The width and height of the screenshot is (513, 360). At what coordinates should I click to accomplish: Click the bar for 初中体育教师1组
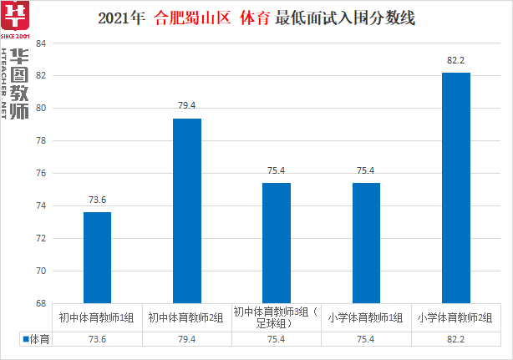point(97,257)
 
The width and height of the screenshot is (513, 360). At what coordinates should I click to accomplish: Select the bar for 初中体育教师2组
point(186,210)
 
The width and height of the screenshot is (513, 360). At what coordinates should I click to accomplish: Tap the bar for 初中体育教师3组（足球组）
point(277,242)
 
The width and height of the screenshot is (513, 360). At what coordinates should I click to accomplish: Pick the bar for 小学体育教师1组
point(366,242)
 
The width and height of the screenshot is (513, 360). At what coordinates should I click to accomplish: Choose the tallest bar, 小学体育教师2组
point(456,188)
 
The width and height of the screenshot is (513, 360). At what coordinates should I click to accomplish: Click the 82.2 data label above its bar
point(456,61)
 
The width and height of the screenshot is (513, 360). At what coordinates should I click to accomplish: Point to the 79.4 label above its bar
point(186,106)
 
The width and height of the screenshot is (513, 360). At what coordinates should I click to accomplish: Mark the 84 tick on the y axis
point(40,43)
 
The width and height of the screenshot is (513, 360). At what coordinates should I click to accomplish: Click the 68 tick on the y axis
point(40,304)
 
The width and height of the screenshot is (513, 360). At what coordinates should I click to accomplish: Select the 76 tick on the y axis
point(40,174)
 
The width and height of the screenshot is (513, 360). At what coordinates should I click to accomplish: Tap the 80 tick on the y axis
point(40,109)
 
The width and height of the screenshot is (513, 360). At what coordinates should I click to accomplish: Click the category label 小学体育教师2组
point(456,317)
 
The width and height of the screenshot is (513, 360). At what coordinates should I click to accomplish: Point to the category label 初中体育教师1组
point(97,317)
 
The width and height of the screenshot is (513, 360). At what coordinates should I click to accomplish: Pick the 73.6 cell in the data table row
point(97,340)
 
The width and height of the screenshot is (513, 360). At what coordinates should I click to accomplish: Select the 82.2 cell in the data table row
point(456,340)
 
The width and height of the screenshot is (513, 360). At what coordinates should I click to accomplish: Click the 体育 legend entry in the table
point(36,340)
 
